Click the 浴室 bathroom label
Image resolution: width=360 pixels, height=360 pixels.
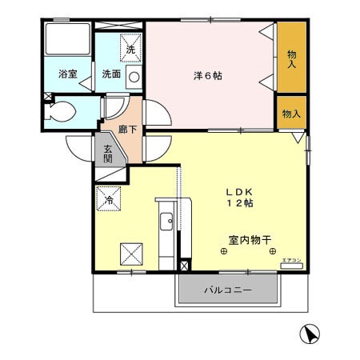66,74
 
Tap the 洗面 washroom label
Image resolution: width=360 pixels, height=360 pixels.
110,74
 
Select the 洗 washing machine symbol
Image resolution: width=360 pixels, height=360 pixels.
130,47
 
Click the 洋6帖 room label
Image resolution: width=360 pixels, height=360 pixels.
208,75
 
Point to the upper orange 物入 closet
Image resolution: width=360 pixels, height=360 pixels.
291,59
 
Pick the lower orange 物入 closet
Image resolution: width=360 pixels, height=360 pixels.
290,114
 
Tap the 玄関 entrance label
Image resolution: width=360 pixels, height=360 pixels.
108,152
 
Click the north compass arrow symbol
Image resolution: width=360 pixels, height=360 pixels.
309,335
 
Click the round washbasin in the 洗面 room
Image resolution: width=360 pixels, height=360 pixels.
134,78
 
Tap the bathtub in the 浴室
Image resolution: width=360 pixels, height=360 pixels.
67,39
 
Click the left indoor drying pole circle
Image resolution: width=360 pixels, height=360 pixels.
223,253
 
